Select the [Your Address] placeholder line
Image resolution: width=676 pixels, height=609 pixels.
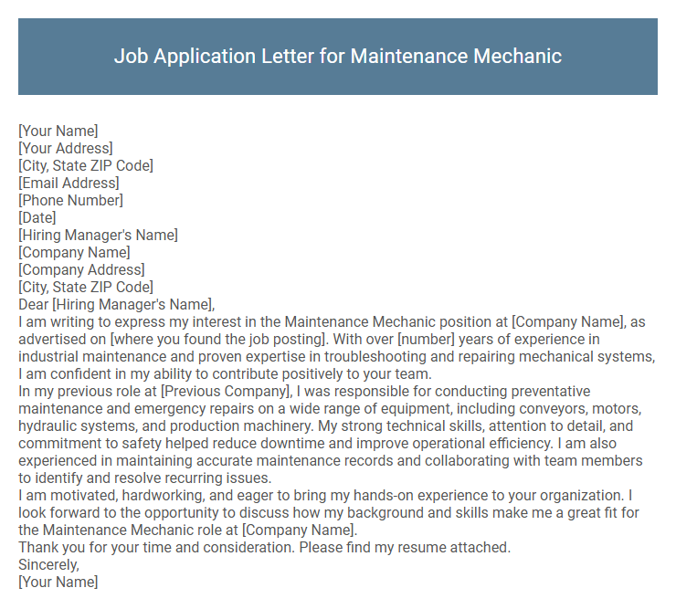point(66,148)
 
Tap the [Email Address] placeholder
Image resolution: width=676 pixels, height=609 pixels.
point(69,183)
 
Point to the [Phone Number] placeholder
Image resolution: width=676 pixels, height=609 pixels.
point(70,200)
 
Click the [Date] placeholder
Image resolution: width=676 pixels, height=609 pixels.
point(37,217)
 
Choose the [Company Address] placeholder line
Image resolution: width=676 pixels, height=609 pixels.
point(81,269)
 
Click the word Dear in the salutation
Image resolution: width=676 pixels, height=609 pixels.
point(34,304)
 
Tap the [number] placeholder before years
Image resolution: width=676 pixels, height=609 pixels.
point(426,340)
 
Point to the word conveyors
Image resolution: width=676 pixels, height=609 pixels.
point(543,409)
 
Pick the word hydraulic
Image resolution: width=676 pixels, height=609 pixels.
point(48,426)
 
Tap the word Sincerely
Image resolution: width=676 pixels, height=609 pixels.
point(48,565)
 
